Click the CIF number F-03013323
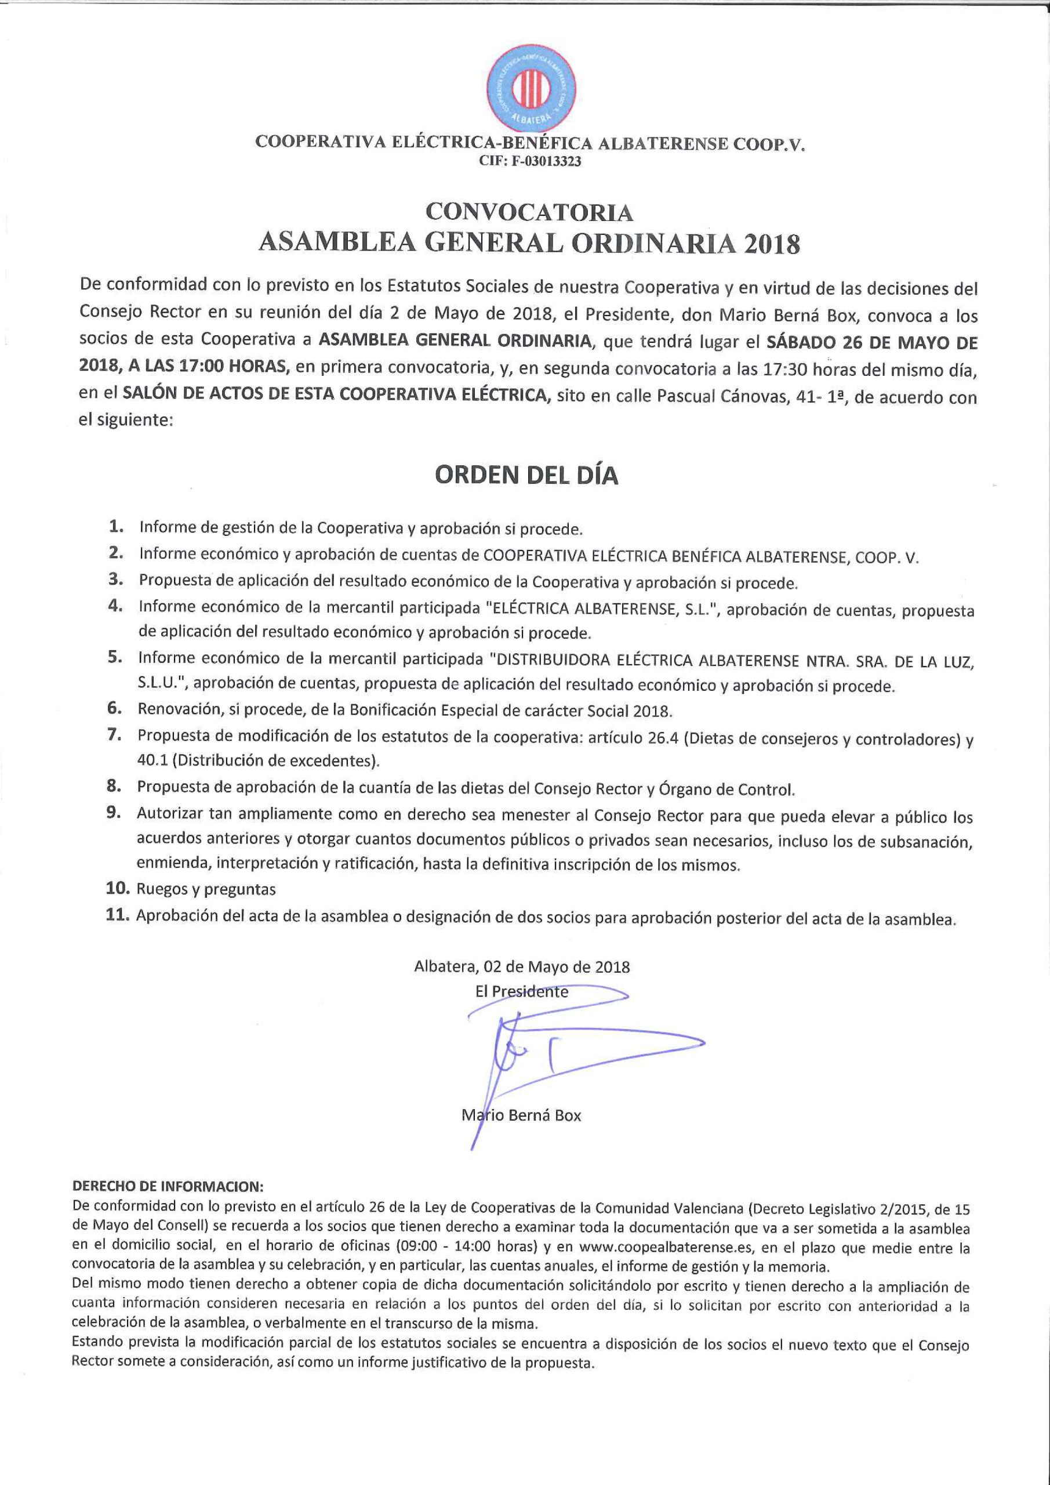point(529,162)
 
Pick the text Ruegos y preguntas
point(206,889)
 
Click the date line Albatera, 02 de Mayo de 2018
point(522,967)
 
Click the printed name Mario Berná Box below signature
point(522,1115)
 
